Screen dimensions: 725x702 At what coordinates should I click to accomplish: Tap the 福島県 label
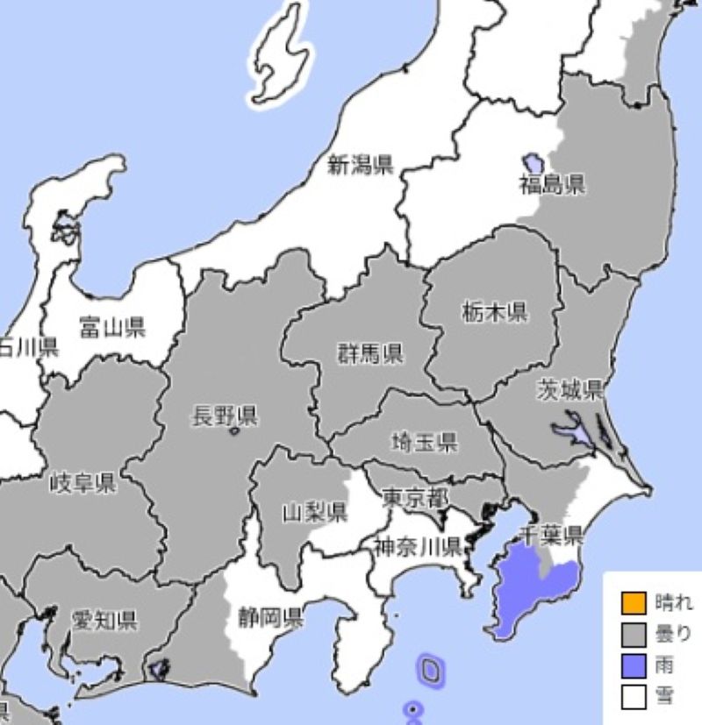tap(551, 184)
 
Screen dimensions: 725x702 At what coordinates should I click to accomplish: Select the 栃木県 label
tap(494, 311)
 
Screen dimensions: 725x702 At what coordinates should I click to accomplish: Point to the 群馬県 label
tap(369, 353)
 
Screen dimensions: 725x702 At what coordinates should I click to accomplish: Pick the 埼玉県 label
tap(424, 442)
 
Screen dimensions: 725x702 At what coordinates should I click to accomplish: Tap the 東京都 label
tap(416, 497)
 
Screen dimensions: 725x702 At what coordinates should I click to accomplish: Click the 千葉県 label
tap(551, 535)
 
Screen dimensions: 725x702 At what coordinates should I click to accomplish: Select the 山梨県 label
tap(314, 513)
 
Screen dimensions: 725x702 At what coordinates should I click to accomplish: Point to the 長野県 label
tap(225, 416)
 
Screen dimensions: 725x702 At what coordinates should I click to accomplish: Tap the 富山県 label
tap(111, 328)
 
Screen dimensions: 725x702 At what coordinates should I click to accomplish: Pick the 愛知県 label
tap(104, 622)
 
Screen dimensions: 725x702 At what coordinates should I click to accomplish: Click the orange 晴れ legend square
tap(633, 603)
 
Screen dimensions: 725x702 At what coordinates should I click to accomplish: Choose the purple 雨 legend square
tap(633, 666)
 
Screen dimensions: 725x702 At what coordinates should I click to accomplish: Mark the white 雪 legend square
tap(633, 698)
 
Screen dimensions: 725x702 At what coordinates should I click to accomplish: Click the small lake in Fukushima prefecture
tap(533, 163)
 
